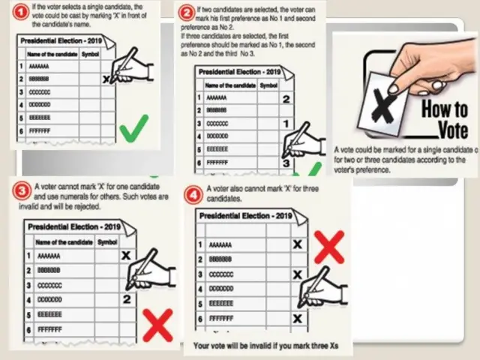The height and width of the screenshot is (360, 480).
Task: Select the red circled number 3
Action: (x=21, y=190)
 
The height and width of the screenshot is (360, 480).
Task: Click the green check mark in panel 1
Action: (x=133, y=128)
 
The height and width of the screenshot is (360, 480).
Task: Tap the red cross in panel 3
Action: (x=157, y=324)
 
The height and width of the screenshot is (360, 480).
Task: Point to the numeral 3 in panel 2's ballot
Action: (x=286, y=163)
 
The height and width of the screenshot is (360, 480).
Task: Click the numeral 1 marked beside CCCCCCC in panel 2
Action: (x=285, y=123)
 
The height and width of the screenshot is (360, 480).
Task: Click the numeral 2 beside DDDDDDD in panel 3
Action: (x=127, y=299)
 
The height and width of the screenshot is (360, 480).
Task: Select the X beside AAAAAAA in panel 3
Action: (x=125, y=256)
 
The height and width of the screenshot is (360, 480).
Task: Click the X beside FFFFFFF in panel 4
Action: (x=298, y=318)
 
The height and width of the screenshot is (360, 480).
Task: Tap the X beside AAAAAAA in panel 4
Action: (x=298, y=244)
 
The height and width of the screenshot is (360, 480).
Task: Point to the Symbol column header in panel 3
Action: (x=107, y=241)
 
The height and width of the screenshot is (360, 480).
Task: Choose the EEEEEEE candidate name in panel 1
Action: (x=39, y=118)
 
